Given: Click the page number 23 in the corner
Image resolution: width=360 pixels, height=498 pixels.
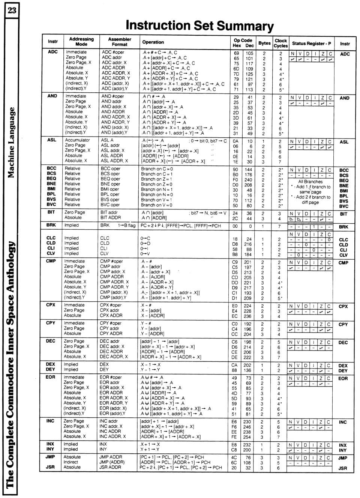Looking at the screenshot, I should click(x=12, y=10).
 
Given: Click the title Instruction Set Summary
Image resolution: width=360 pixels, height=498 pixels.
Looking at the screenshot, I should click(x=199, y=26).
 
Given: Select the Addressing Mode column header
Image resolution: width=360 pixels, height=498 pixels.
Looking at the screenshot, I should click(x=81, y=41).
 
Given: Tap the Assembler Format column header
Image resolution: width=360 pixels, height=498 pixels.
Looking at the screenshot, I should click(x=120, y=41).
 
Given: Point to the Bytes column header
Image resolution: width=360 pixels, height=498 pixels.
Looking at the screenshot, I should click(x=264, y=43).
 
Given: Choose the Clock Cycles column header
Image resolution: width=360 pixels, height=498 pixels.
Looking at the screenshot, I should click(x=280, y=43).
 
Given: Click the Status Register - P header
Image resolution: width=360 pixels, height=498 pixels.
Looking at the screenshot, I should click(x=311, y=43).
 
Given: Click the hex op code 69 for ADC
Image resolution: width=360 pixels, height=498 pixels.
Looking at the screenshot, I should click(x=236, y=53).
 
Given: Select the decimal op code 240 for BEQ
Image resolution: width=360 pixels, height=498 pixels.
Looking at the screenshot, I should click(x=248, y=180).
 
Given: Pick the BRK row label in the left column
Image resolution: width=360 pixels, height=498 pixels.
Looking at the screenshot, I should click(x=51, y=225).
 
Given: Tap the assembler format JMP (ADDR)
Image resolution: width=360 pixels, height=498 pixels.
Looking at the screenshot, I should click(x=112, y=462).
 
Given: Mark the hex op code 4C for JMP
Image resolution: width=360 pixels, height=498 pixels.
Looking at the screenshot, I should click(x=234, y=457).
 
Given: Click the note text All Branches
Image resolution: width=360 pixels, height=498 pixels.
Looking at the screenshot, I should click(x=310, y=182).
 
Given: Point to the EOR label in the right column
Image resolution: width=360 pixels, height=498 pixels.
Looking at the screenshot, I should click(x=343, y=379).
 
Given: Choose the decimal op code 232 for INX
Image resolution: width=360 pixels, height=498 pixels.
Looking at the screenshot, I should click(x=247, y=445).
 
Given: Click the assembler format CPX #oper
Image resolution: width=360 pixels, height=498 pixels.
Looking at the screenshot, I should click(x=111, y=305).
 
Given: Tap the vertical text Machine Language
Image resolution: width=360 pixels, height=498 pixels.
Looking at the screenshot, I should click(x=12, y=143).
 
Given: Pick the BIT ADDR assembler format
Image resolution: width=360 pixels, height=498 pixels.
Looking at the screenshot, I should click(x=111, y=217).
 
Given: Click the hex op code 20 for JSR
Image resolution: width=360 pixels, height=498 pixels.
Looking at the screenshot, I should click(x=234, y=468).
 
